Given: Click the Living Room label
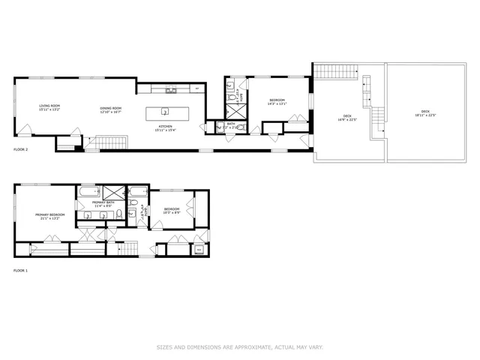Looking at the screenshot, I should pos(50,108).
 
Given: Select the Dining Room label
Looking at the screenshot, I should pos(111,110).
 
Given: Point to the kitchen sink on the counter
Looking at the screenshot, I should pos(171,89).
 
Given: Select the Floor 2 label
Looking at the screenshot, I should pos(21,150).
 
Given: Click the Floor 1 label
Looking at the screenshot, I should pos(21,270).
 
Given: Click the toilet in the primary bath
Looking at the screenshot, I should pos(118,217).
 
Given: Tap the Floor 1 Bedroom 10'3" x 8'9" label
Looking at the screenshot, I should pos(171,211).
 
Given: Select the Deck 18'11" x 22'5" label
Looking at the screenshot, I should pos(424,114).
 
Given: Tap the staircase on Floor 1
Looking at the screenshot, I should pos(131,248).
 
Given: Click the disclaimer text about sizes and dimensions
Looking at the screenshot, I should pos(240,347).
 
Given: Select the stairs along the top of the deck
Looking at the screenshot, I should pos(328,72).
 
